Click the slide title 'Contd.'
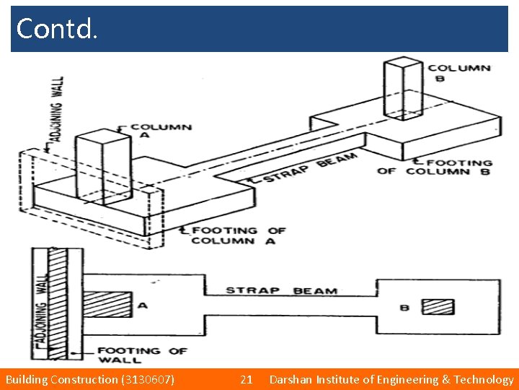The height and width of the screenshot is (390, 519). [56, 29]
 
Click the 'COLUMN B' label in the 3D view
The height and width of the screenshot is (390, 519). [458, 73]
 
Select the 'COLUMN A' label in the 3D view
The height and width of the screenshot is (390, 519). [159, 131]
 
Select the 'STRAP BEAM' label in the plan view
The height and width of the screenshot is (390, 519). [281, 290]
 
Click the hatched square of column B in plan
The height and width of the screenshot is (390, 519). [438, 306]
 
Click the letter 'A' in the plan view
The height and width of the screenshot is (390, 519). [143, 305]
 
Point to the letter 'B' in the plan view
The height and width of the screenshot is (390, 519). [404, 308]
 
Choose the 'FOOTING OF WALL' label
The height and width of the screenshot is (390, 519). [142, 355]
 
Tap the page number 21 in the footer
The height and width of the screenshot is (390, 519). [246, 379]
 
